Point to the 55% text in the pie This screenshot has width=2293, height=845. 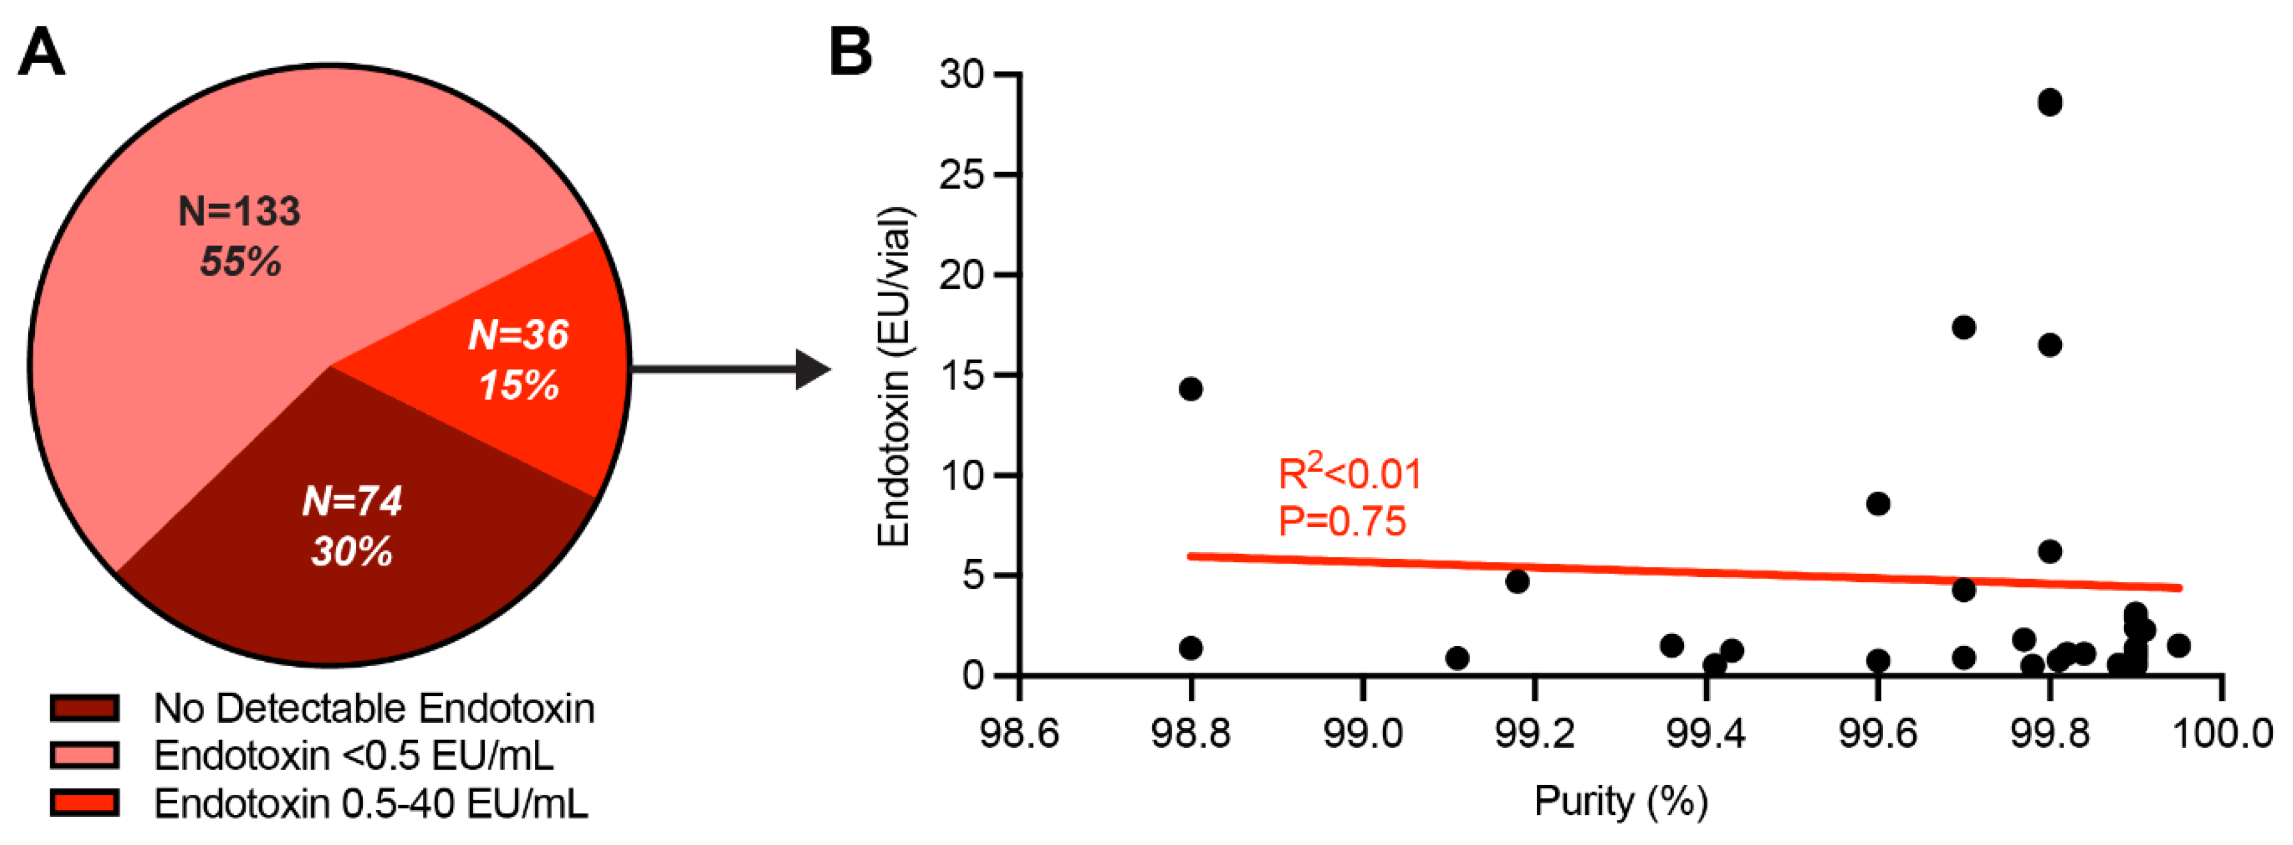pos(240,262)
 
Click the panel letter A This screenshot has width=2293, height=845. pos(42,53)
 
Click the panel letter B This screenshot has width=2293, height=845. pos(850,53)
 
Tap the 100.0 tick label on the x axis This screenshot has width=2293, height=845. pos(2222,733)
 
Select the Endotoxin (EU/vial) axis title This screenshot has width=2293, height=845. pos(895,376)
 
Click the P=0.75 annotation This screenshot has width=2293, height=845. pos(1341,521)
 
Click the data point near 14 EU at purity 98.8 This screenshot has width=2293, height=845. pos(1190,389)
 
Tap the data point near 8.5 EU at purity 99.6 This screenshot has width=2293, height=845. pos(1878,504)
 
